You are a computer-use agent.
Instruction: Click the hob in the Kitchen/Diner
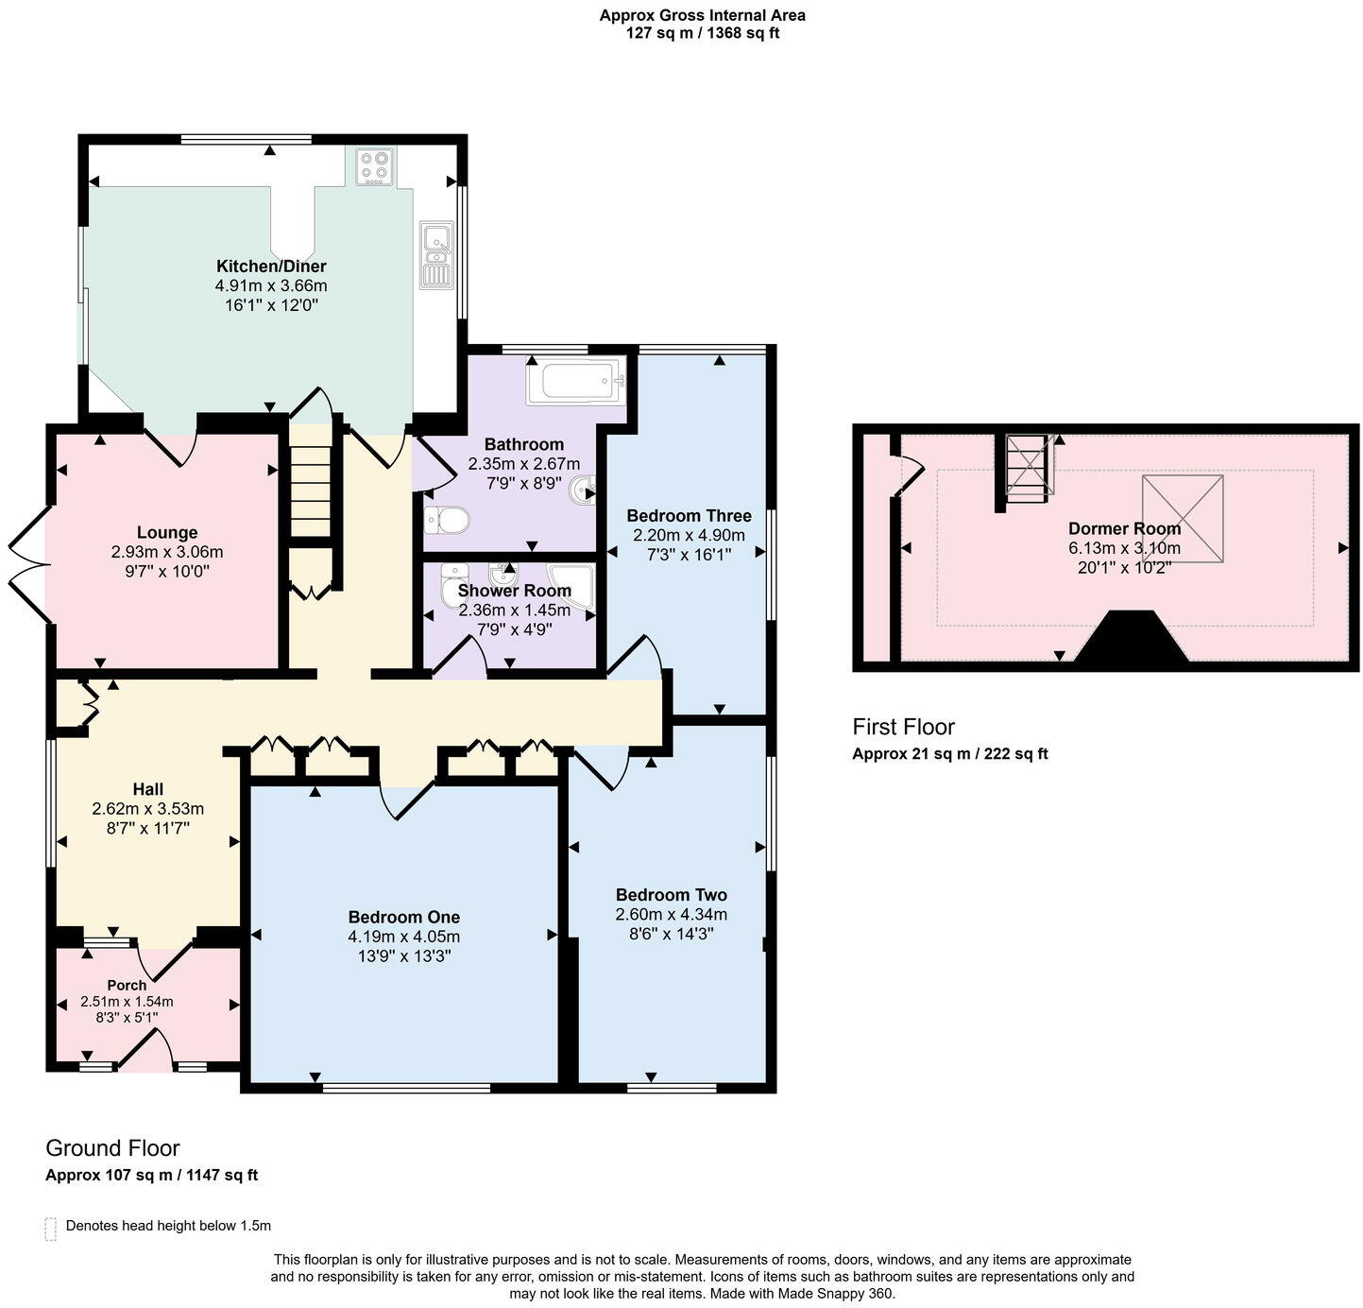click(374, 168)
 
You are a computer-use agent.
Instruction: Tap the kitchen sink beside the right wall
click(436, 253)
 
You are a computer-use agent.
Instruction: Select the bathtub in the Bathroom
click(575, 381)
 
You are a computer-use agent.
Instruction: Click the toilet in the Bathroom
click(447, 519)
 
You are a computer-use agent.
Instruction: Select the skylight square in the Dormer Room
click(1182, 519)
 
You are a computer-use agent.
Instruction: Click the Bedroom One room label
click(403, 917)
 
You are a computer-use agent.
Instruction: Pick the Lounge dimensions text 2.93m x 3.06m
click(167, 552)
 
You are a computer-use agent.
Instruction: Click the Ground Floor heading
click(112, 1148)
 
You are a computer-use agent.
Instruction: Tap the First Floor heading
click(903, 727)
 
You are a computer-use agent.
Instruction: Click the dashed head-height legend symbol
click(51, 1228)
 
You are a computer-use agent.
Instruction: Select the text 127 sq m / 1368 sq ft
click(702, 34)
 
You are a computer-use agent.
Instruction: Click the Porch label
click(127, 985)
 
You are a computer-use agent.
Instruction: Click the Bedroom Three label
click(689, 515)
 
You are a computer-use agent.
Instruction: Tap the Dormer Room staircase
click(1028, 465)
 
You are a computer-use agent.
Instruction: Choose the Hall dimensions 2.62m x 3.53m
click(147, 809)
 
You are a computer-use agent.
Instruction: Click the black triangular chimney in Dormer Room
click(1131, 639)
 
